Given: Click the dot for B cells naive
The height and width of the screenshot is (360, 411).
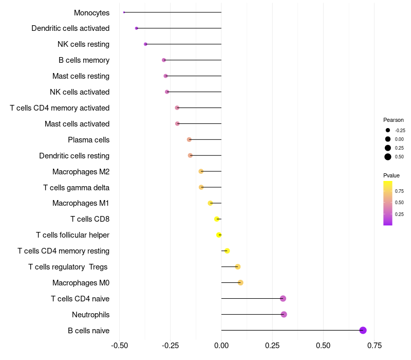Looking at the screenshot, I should (x=363, y=330).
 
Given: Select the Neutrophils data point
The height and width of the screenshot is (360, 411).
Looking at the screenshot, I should (x=284, y=314).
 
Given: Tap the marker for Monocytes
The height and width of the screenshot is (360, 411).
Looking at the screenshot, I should (x=124, y=12).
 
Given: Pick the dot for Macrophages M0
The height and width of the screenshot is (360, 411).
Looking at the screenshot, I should (x=240, y=282).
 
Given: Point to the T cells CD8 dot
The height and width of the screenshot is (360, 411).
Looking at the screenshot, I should (x=217, y=219).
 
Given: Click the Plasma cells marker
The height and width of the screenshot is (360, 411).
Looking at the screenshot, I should (x=189, y=139).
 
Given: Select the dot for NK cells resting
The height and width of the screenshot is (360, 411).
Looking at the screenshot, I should (x=145, y=44).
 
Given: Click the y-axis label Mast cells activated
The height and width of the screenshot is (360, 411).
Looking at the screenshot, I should (x=77, y=124).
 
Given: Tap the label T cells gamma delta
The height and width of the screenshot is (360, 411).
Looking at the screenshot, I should (x=76, y=187).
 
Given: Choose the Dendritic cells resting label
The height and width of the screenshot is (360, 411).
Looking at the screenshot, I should (x=74, y=155).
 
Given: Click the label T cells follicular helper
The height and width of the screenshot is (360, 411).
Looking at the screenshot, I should (x=72, y=235).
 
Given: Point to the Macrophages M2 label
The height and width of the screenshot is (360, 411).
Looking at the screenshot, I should (x=81, y=171).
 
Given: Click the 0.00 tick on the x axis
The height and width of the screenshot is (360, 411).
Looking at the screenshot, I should (x=221, y=345).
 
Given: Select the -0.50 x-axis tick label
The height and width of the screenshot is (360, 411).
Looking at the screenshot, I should (x=119, y=345).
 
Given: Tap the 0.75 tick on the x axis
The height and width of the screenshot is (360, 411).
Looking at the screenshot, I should (x=374, y=345).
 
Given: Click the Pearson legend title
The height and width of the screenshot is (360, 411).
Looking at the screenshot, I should (x=394, y=120).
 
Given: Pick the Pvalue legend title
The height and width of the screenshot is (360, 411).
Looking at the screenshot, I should (x=391, y=175).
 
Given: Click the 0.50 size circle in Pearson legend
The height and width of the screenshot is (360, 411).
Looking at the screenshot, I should (x=388, y=157).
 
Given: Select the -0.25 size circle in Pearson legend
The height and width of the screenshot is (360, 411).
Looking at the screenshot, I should (x=388, y=130).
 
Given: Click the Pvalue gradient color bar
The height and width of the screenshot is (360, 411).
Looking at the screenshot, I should (x=388, y=203).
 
